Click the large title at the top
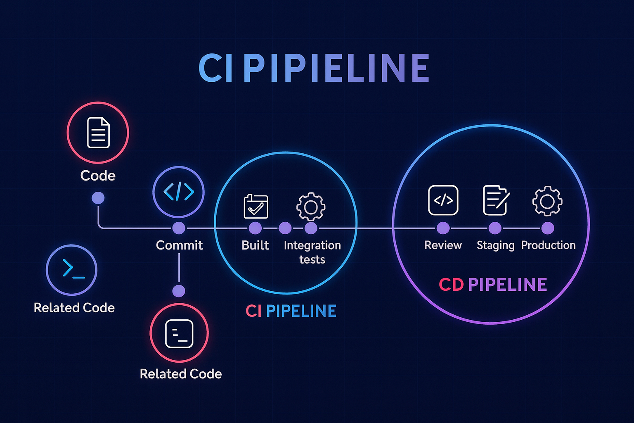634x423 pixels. (x=314, y=68)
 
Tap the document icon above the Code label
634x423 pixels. (x=98, y=133)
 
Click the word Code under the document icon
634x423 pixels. (x=98, y=176)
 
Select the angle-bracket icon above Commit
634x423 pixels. (x=179, y=192)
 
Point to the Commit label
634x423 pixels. (x=179, y=245)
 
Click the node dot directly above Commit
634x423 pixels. (x=179, y=228)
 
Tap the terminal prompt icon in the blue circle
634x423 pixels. (x=72, y=270)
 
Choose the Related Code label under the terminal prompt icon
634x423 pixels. (x=74, y=308)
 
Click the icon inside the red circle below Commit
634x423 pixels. (x=179, y=333)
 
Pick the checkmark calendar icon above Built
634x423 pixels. (x=256, y=206)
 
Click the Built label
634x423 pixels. (x=255, y=245)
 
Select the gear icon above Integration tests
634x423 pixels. (x=311, y=206)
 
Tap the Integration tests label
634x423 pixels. (x=312, y=252)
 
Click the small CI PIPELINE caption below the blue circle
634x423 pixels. (x=291, y=311)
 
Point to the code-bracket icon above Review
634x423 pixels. (x=443, y=200)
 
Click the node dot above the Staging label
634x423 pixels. (x=495, y=228)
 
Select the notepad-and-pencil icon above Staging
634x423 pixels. (x=496, y=200)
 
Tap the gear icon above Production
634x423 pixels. (x=547, y=201)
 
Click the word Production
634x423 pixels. (x=548, y=245)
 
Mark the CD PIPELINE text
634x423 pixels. (x=493, y=285)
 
